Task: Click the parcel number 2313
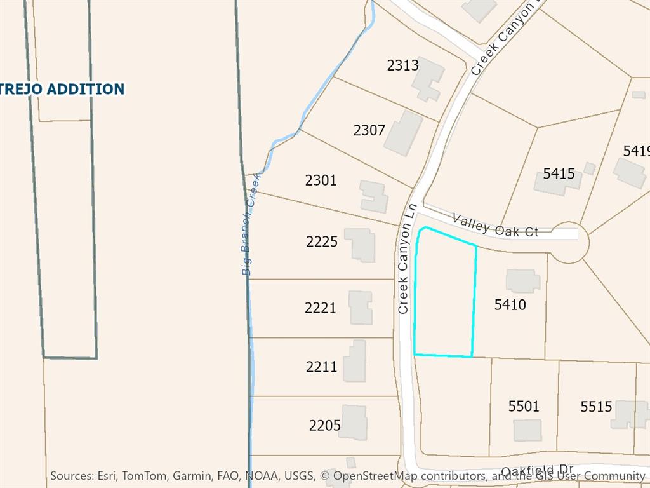tap(402, 65)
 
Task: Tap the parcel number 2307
tap(369, 130)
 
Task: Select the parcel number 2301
tap(321, 180)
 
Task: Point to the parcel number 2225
tap(322, 241)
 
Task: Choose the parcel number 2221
tap(320, 308)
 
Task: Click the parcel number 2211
tap(321, 367)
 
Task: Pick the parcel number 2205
tap(324, 426)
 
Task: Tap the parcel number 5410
tap(510, 305)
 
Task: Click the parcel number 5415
tap(559, 173)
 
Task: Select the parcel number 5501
tap(524, 406)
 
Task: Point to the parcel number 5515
tap(595, 407)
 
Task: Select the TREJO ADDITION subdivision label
tap(62, 89)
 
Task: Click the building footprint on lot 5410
tap(522, 281)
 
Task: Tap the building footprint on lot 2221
tap(360, 308)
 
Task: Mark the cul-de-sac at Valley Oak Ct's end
tap(569, 242)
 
